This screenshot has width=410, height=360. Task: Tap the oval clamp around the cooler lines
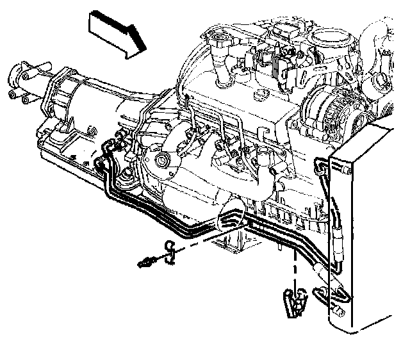point(231,222)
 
